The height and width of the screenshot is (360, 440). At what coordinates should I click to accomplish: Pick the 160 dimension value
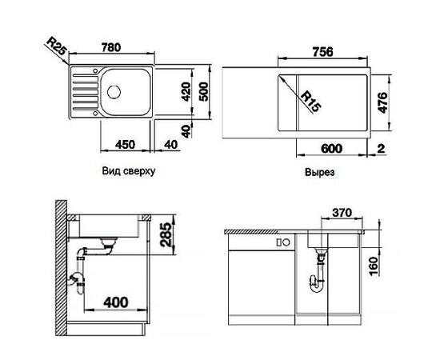pos(373,264)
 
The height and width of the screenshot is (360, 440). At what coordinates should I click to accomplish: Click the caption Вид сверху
pos(128,171)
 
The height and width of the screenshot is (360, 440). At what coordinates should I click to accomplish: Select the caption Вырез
pos(318,172)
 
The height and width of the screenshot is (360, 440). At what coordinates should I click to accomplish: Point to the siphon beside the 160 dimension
pos(318,276)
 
